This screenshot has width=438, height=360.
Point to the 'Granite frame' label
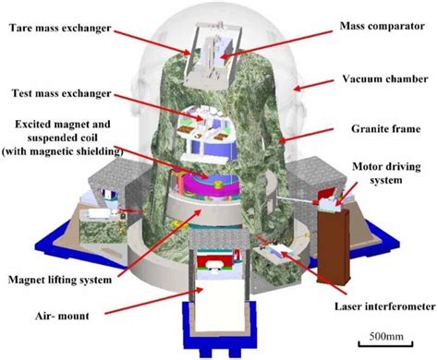pos(375,131)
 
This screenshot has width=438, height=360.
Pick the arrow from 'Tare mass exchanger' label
pos(157,42)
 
